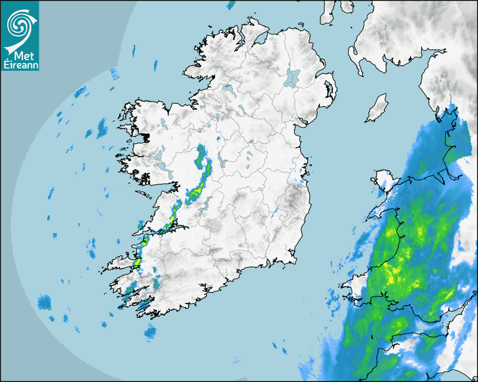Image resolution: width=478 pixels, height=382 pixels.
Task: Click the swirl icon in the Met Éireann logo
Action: (x=19, y=24)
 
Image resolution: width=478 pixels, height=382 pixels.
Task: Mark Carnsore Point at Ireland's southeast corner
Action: (x=293, y=260)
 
